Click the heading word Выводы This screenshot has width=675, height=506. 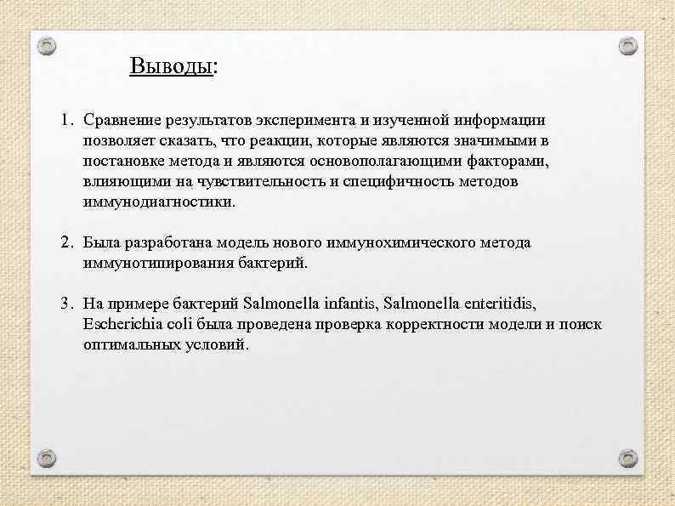pos(170,65)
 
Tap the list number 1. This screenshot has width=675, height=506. pos(65,121)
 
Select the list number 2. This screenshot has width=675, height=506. pos(65,243)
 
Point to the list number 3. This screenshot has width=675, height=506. pos(65,304)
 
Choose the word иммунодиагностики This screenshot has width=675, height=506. pos(158,202)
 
